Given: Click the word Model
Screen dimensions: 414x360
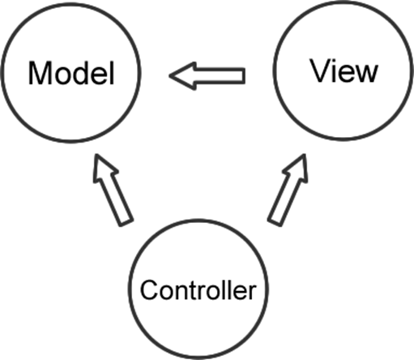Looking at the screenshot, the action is click(x=71, y=73).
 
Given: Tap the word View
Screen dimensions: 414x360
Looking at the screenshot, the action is click(x=344, y=71).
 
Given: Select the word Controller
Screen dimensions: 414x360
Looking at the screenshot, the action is click(x=198, y=290).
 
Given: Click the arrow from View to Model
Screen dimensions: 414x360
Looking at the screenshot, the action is click(x=207, y=76).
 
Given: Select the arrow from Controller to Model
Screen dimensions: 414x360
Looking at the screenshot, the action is click(x=113, y=190).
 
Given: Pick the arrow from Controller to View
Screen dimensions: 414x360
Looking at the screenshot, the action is click(x=288, y=190).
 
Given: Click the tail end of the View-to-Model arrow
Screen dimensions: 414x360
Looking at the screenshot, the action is click(x=245, y=76).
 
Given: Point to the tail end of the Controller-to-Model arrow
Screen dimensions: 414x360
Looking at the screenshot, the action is click(x=126, y=223).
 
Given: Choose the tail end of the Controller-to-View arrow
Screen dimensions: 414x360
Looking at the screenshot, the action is click(x=275, y=223).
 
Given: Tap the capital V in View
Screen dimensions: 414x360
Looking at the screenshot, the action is click(x=321, y=71).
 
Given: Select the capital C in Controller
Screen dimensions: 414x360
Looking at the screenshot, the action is click(x=149, y=290).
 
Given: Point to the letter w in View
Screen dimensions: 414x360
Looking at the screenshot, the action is click(x=366, y=74).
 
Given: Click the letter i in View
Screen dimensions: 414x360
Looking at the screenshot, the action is click(x=335, y=71).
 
